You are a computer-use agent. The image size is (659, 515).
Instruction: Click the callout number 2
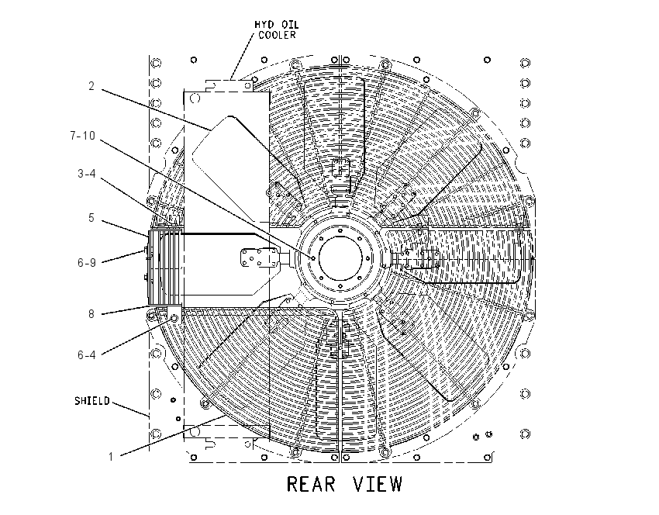tap(91, 86)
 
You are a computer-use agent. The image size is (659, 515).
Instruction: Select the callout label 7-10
tap(83, 136)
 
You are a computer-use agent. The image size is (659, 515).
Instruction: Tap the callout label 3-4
tap(87, 174)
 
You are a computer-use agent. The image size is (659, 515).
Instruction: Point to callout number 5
tap(91, 218)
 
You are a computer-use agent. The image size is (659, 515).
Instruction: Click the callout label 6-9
tap(87, 263)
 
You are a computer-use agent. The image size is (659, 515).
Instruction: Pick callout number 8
tap(91, 313)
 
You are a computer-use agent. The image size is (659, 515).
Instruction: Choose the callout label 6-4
tap(87, 355)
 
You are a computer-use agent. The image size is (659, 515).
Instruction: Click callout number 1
tap(111, 457)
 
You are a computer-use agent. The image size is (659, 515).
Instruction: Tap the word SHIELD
tap(92, 401)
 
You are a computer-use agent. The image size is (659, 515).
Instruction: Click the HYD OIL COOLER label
tap(277, 29)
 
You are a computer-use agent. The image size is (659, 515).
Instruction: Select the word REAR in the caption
tap(311, 484)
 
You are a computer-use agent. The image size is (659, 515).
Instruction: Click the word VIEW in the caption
tap(378, 484)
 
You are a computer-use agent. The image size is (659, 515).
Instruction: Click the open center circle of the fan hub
tap(340, 258)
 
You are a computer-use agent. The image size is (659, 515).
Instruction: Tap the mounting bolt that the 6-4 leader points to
tap(174, 318)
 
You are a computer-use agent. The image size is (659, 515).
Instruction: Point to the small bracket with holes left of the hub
tap(259, 257)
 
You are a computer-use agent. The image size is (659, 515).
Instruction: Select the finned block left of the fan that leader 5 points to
tap(165, 268)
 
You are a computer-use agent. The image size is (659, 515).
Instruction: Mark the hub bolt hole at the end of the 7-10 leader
tap(313, 257)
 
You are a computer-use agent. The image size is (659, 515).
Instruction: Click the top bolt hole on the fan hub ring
tap(340, 231)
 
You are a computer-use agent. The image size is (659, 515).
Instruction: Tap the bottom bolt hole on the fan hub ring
tap(340, 286)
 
